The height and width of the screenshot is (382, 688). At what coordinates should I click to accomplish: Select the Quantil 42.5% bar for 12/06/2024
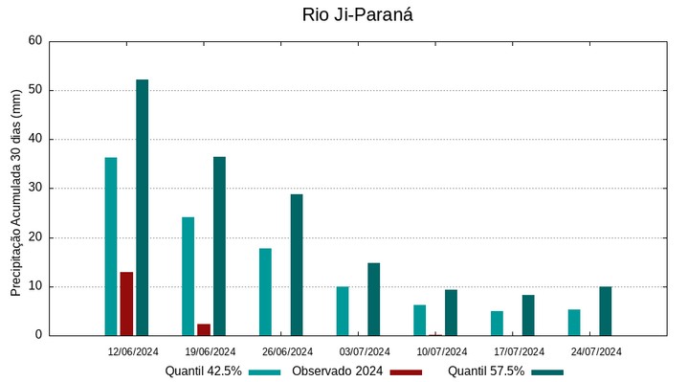pos(111,246)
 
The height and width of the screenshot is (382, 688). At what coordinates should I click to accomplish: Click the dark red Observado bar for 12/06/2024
pos(126,303)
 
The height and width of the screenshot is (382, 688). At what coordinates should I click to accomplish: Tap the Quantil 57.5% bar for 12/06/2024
pos(142,207)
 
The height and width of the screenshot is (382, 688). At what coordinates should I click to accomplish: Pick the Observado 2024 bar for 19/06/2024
pos(204,329)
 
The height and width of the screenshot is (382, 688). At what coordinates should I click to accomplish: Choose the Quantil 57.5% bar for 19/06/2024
pos(219,246)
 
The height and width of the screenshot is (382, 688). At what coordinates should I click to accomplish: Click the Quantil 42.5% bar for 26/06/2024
pos(265,292)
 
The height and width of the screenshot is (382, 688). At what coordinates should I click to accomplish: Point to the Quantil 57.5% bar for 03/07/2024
pos(373,299)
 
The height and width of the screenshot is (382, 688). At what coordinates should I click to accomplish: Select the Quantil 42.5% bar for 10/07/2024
pos(419,320)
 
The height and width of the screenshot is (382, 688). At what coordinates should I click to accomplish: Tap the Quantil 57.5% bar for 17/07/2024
pos(528,315)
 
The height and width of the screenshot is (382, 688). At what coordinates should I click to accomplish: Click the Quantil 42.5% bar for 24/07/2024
pos(574,323)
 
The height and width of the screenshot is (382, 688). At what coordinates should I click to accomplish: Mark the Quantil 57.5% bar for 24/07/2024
pos(606,311)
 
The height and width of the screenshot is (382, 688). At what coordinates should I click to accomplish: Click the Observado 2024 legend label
pos(337,371)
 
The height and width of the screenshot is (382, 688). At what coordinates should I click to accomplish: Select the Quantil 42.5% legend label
pos(203,371)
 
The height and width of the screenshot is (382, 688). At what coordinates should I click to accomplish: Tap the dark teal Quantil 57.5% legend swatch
pos(547,371)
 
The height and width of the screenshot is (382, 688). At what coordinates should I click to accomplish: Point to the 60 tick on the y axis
pos(35,41)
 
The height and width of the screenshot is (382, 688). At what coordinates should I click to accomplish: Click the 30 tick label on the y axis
pos(35,189)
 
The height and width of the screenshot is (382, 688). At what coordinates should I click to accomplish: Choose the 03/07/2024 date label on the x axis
pos(365,351)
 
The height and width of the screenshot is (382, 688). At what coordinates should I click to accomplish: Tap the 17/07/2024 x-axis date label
pos(519,351)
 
